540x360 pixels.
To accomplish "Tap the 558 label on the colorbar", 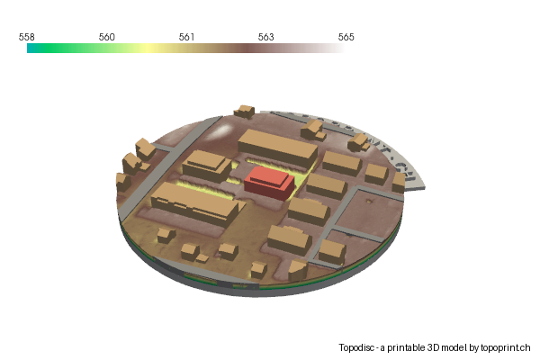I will coord(27,37).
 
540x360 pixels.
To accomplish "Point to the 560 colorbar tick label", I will coord(106,37).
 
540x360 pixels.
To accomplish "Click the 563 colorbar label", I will coord(266,37).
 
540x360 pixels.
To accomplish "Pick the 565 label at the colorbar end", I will coord(346,37).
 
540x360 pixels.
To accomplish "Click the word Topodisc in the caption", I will coord(358,347).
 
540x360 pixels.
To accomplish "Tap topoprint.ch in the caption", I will coord(507,347).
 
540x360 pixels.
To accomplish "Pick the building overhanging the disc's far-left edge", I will coord(122,181).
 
